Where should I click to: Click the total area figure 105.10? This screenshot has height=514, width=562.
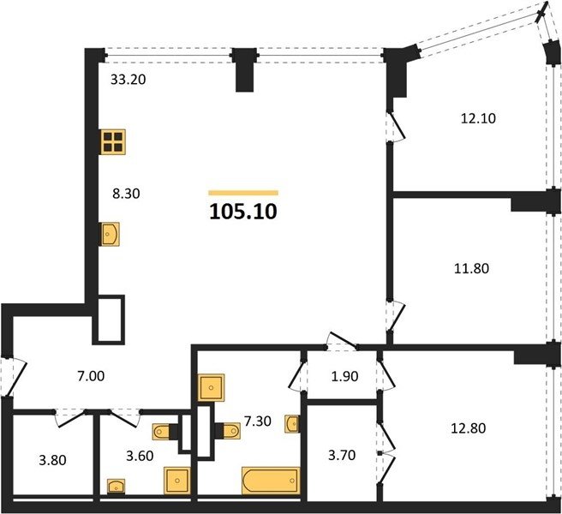click(x=243, y=212)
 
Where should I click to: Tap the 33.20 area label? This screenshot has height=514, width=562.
click(x=128, y=79)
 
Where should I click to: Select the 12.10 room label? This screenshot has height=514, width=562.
click(x=478, y=118)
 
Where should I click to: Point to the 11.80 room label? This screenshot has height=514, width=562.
click(x=471, y=268)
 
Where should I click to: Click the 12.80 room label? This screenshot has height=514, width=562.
click(x=468, y=428)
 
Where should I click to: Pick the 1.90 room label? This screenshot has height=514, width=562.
click(x=344, y=376)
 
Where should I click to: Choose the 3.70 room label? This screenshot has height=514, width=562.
click(x=342, y=455)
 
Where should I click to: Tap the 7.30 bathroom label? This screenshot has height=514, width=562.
click(x=257, y=421)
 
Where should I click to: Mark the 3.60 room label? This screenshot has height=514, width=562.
click(x=140, y=456)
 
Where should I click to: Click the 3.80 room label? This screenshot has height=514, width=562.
click(x=53, y=460)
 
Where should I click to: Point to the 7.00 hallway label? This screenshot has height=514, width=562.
click(x=91, y=376)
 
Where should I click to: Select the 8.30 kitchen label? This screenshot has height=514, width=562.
click(x=126, y=194)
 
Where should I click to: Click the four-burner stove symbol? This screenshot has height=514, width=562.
click(x=113, y=142)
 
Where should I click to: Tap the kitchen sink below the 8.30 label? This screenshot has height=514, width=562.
click(x=110, y=234)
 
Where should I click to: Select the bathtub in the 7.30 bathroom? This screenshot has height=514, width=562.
click(x=271, y=481)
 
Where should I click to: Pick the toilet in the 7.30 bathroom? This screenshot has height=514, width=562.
click(x=228, y=431)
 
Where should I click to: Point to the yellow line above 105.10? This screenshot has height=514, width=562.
click(x=243, y=193)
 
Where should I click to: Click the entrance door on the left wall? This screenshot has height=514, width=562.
click(x=14, y=376)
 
